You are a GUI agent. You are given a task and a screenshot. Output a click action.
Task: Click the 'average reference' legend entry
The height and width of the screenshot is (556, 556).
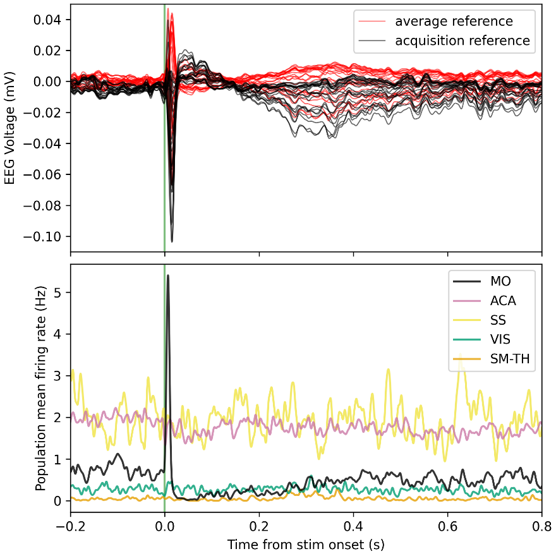454,21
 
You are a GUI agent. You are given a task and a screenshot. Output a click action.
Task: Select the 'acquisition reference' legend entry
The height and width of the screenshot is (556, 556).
462,41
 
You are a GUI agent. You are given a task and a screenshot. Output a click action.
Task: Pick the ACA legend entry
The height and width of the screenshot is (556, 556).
503,301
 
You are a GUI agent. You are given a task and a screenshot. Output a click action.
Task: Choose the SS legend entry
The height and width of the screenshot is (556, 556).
498,321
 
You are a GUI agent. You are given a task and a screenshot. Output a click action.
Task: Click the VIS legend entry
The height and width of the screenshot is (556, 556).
499,341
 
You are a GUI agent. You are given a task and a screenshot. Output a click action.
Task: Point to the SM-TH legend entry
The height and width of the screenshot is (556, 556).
509,360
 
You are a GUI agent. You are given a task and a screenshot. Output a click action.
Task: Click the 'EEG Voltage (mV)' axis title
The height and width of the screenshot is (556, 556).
10,129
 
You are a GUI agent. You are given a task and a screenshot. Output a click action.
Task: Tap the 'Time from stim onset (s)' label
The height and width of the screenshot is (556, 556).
306,544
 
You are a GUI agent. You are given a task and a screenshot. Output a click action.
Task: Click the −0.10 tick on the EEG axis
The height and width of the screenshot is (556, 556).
47,236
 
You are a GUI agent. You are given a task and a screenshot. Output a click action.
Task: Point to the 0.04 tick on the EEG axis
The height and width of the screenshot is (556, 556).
51,20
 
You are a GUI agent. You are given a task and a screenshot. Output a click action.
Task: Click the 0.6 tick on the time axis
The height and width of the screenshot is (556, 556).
447,526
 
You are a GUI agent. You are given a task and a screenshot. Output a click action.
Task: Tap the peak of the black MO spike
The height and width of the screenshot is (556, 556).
168,275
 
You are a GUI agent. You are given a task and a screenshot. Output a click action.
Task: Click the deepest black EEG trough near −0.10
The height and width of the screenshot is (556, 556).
172,241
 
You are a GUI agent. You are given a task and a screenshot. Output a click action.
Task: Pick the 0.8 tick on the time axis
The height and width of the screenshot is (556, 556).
541,526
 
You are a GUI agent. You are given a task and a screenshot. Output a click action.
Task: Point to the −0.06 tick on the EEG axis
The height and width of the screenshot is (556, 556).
47,174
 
